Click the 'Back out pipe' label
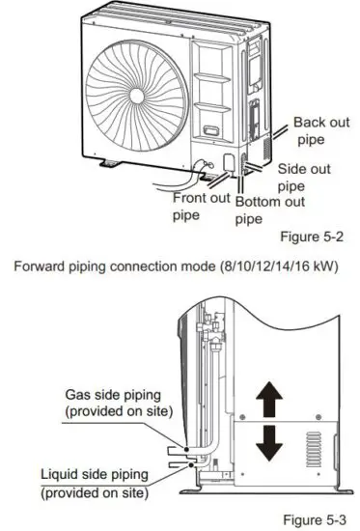coord(322,129)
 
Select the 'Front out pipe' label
coord(201,206)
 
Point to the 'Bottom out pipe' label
coord(269,210)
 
